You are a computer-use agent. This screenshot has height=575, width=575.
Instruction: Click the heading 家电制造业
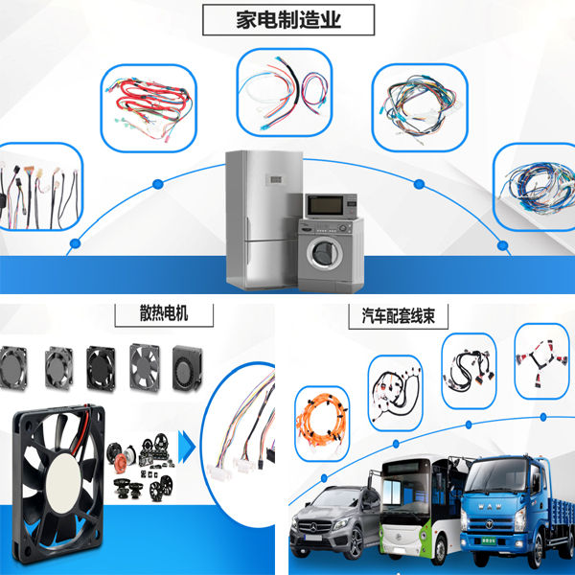pos(288,20)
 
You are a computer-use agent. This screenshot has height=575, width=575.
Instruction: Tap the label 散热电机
pos(164,313)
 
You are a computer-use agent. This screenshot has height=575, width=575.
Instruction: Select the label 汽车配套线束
pos(399,315)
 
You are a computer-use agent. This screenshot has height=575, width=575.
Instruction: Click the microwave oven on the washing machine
pos(331,206)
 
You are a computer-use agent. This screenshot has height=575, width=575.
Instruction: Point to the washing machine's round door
pos(325,253)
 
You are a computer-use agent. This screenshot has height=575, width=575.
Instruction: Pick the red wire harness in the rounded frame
pos(149,107)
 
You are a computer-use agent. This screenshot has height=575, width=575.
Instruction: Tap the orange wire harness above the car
pos(322,423)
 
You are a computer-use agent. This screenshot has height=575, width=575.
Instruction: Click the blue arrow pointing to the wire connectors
pos(187,447)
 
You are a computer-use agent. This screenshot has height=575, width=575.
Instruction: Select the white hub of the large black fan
pos(63,483)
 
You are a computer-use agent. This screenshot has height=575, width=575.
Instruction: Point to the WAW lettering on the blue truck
pos(490,506)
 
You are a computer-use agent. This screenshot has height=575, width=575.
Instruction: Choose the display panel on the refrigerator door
pos(276,179)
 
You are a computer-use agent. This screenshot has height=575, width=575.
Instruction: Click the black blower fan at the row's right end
pos(187,367)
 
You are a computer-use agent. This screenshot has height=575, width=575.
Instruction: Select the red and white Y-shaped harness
pos(541,361)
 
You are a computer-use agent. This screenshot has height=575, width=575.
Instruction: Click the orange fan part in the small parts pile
pos(121,463)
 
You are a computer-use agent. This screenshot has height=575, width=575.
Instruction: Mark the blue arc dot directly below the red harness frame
pos(158,184)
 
